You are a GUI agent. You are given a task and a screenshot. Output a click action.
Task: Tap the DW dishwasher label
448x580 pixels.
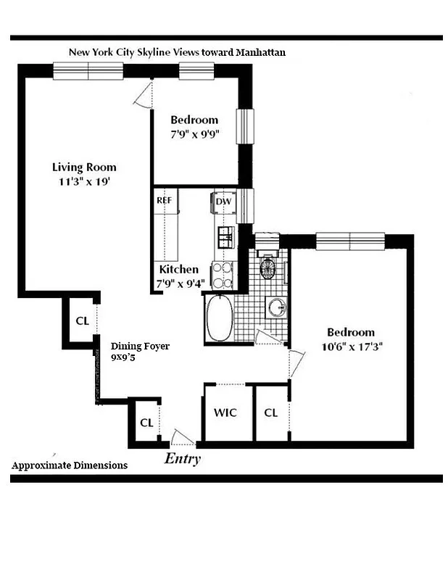pyautogui.click(x=223, y=201)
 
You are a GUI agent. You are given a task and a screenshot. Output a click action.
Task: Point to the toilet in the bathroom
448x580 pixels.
pyautogui.click(x=267, y=266)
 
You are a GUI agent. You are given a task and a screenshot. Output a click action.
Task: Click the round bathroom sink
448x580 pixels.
pyautogui.click(x=276, y=307)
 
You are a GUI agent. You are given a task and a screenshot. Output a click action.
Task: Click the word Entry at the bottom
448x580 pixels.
pyautogui.click(x=182, y=458)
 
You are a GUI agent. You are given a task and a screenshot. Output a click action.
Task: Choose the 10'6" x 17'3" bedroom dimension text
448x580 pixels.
pyautogui.click(x=352, y=347)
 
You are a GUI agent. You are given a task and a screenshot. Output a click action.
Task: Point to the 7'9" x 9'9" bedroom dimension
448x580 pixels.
pyautogui.click(x=194, y=133)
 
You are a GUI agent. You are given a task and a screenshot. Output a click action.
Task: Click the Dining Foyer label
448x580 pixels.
pyautogui.click(x=140, y=347)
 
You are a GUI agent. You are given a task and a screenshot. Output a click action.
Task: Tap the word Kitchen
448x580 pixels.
pyautogui.click(x=179, y=269)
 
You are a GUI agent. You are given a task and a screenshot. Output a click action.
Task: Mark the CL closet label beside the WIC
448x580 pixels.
pyautogui.click(x=271, y=413)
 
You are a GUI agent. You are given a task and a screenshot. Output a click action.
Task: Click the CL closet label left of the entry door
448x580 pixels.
pyautogui.click(x=146, y=422)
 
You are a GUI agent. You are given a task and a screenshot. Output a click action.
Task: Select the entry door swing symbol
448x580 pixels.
pyautogui.click(x=182, y=439)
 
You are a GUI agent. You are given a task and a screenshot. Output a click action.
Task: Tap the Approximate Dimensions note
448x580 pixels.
pyautogui.click(x=70, y=465)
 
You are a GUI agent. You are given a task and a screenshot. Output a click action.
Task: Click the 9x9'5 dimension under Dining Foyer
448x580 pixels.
pyautogui.click(x=124, y=357)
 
